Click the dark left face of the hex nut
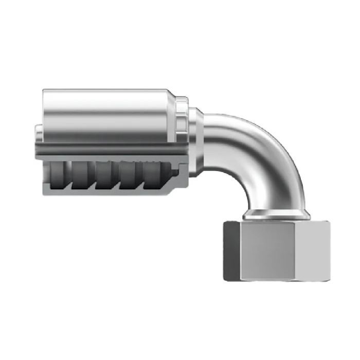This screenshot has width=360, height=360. [231, 250]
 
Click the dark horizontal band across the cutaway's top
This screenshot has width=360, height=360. [103, 150]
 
